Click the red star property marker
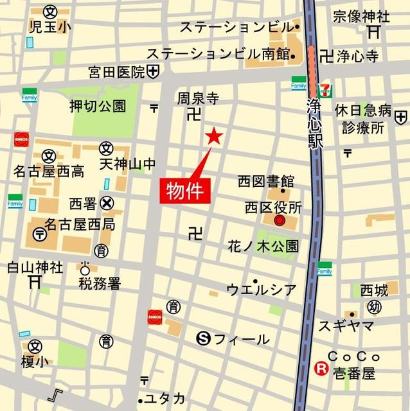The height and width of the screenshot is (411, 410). [213, 136]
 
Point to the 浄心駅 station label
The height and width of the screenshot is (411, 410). [314, 124]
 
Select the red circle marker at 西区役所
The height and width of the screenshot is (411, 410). [279, 221]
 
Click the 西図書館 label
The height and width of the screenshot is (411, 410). [265, 182]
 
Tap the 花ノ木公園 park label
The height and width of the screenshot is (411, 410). [263, 245]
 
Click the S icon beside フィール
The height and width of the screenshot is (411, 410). [204, 338]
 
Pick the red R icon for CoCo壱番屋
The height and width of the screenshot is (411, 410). [319, 369]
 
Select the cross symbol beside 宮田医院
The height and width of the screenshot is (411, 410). [153, 72]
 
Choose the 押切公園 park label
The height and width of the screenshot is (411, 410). [98, 107]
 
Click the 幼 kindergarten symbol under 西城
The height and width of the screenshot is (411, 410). [374, 307]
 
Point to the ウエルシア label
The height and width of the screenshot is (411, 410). [262, 290]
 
